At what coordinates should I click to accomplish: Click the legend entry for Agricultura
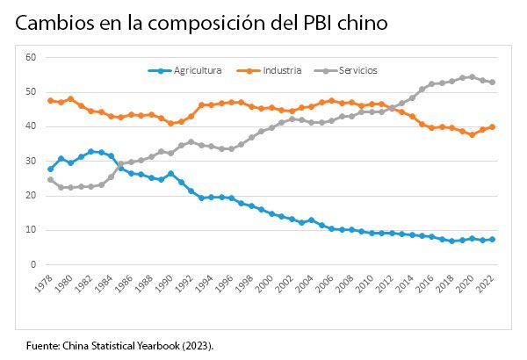click(x=196, y=69)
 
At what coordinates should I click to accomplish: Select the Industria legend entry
click(x=281, y=69)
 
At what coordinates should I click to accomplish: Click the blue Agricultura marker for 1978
click(x=50, y=169)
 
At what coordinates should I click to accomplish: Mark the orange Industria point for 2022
click(x=492, y=126)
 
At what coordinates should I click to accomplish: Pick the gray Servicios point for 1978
click(x=50, y=179)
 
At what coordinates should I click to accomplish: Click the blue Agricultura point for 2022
click(x=492, y=239)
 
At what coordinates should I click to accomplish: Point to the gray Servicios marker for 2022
click(x=492, y=82)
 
